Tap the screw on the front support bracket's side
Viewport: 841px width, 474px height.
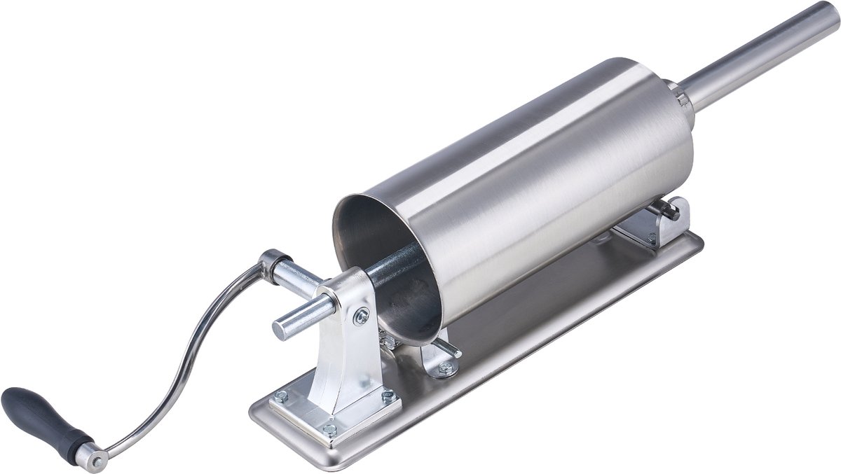tap(362, 316)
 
